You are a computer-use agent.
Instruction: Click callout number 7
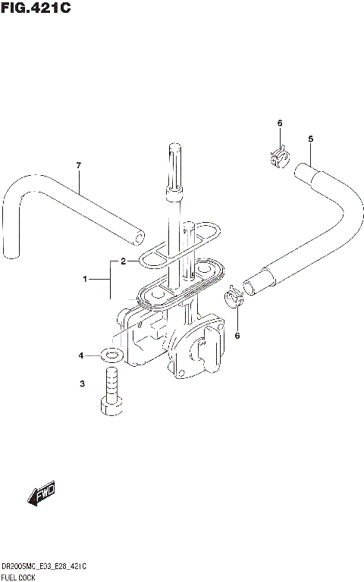click(x=78, y=166)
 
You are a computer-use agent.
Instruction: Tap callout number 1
click(x=86, y=280)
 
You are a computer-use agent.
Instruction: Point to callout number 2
click(x=123, y=262)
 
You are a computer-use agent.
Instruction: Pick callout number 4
click(x=82, y=355)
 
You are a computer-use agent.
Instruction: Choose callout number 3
click(x=82, y=385)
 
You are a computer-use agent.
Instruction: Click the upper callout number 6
click(x=279, y=124)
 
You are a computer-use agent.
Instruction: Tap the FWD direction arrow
click(x=43, y=494)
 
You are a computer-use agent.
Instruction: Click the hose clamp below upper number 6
click(x=278, y=157)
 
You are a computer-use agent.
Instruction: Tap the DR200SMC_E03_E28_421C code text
click(x=44, y=566)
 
